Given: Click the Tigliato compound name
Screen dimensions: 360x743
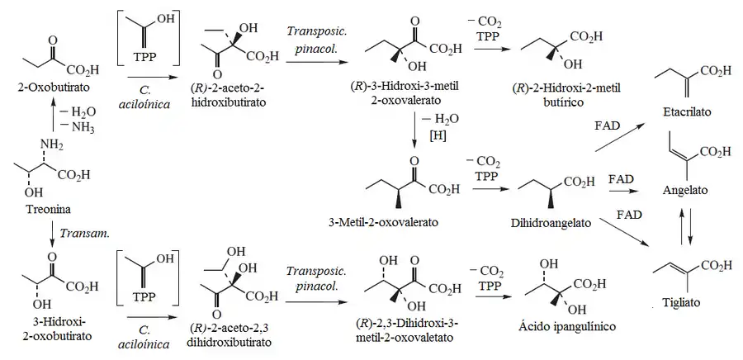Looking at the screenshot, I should click(x=685, y=302).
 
